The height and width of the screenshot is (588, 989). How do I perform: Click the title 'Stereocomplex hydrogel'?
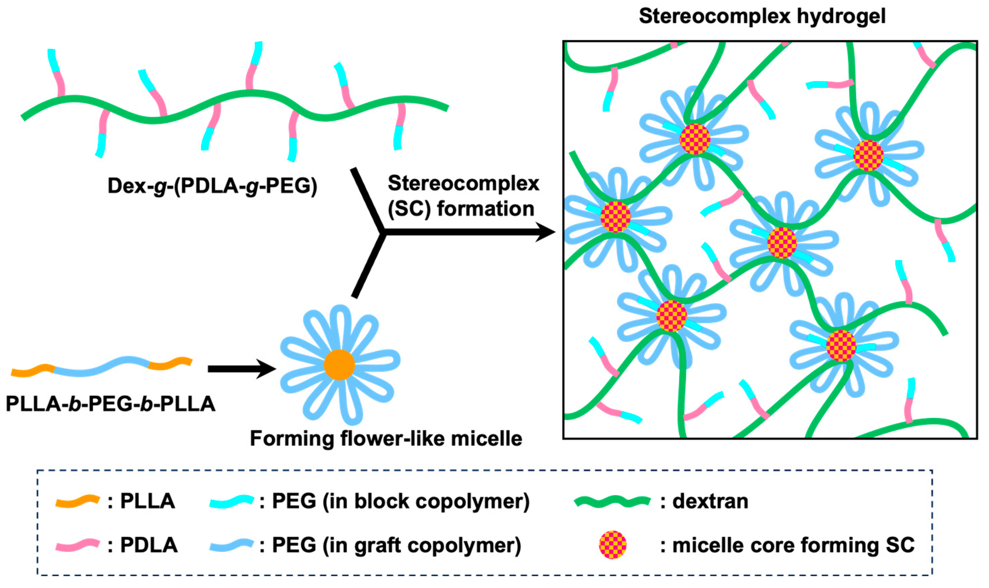click(762, 17)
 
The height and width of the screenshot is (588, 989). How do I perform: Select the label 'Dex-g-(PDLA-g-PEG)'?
click(212, 185)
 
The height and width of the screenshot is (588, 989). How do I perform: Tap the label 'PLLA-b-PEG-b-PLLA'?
click(110, 404)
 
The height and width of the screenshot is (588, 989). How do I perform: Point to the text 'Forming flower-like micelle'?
click(386, 439)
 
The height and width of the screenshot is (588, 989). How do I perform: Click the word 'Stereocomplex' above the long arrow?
click(463, 183)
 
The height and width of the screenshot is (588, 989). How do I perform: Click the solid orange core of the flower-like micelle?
click(339, 365)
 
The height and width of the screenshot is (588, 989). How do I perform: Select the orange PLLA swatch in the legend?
click(77, 501)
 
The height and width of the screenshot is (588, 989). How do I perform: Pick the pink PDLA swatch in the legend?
click(77, 545)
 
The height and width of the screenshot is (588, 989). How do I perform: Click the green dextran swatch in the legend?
click(612, 501)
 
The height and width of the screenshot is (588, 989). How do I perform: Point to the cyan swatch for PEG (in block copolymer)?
click(231, 501)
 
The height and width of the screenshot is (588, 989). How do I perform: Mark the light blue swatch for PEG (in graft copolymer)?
click(231, 545)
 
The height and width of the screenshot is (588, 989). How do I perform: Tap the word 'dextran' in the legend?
click(710, 501)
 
